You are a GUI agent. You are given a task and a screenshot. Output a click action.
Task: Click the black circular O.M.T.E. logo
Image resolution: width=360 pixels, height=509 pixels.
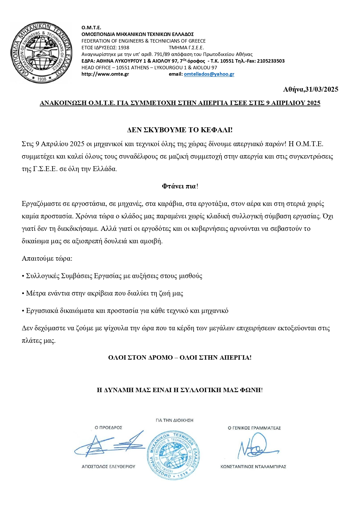click(x=41, y=52)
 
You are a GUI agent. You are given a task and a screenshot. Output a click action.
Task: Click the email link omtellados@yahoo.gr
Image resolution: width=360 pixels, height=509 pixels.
click(x=209, y=74)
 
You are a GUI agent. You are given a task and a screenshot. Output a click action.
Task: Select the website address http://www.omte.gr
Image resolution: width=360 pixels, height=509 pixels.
click(x=105, y=74)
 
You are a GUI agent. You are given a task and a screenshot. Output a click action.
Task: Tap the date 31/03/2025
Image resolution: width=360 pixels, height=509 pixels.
click(x=322, y=89)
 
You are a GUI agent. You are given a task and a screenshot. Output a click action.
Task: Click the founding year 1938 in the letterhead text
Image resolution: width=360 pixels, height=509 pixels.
click(x=124, y=48)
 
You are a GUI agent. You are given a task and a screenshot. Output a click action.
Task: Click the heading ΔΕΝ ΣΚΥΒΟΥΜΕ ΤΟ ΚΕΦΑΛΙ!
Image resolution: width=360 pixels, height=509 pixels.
click(x=180, y=130)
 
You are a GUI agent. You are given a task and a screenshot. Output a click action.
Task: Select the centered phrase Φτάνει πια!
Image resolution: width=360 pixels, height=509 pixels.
click(x=180, y=186)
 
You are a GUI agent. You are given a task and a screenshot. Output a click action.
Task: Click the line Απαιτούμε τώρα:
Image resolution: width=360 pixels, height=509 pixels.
click(x=47, y=258)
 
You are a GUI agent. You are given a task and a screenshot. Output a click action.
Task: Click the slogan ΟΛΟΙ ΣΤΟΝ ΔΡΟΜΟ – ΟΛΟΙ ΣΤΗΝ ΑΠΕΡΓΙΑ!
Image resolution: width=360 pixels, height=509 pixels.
click(x=180, y=357)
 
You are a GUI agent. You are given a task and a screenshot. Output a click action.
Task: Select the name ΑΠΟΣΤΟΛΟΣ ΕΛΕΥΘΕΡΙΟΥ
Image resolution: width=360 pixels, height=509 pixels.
click(x=108, y=467)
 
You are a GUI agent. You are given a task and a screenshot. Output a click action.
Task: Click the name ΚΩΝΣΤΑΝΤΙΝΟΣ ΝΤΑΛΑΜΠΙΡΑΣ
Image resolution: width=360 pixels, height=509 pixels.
click(x=253, y=467)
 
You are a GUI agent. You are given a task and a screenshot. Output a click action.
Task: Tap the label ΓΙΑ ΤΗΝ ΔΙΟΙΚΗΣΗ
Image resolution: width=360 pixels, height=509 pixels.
click(x=174, y=420)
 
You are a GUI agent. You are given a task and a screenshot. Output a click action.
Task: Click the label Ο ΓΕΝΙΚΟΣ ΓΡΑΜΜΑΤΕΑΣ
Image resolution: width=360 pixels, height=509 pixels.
click(x=254, y=428)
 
